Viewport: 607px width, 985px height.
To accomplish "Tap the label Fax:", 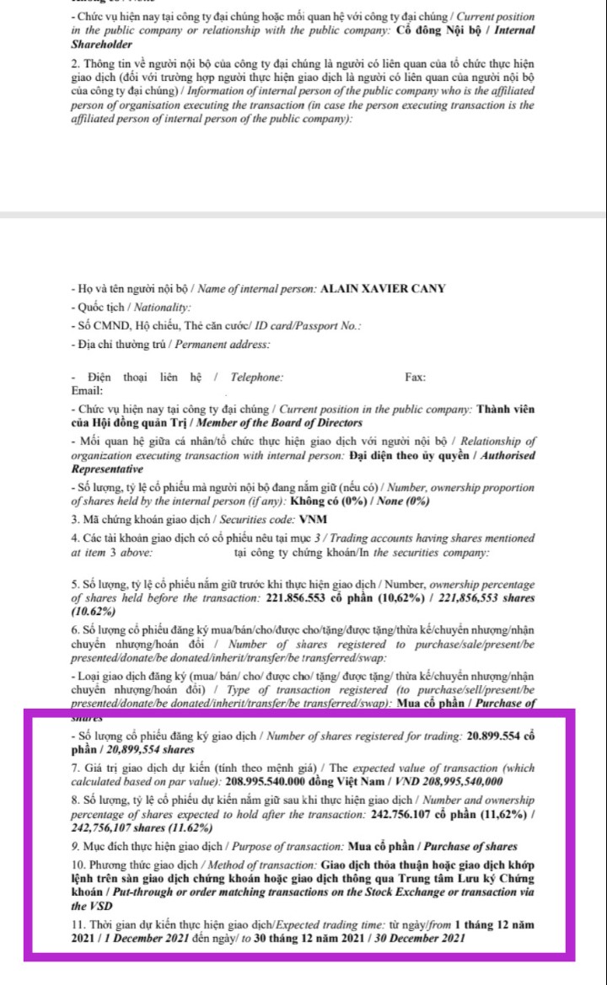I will coord(415,377).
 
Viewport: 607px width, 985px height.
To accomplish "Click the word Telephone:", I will coord(253,377).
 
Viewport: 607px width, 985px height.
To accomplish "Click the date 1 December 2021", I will coord(123,939).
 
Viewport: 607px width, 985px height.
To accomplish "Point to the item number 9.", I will coord(76,845).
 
